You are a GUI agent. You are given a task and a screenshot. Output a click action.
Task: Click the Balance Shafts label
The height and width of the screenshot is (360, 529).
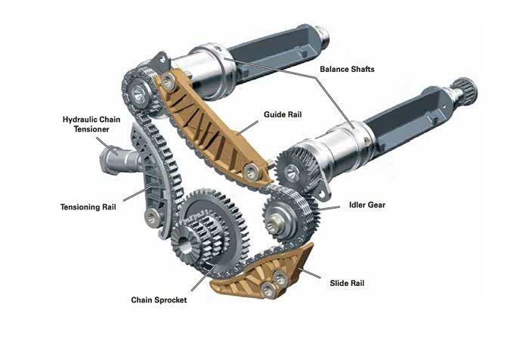(x=347, y=70)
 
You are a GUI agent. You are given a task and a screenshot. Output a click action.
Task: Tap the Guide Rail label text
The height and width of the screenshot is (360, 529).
(x=283, y=114)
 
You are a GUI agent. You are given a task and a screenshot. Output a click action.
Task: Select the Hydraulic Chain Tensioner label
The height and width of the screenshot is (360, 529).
(x=91, y=124)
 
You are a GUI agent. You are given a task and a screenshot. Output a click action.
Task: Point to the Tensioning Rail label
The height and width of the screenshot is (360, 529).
(x=88, y=206)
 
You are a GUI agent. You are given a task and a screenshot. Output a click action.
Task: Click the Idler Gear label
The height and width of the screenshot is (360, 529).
(x=367, y=205)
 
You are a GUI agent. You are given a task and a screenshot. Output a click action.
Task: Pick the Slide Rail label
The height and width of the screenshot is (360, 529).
(x=347, y=283)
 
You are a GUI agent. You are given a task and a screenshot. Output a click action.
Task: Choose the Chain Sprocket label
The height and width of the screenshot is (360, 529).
(x=159, y=300)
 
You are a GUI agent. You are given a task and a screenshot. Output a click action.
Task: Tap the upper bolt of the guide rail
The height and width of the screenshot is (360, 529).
(x=168, y=81)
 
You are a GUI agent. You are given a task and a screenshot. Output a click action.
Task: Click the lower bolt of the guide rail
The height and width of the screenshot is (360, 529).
(x=252, y=172)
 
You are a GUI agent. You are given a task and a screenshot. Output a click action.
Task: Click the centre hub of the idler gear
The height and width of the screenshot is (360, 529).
(x=274, y=222)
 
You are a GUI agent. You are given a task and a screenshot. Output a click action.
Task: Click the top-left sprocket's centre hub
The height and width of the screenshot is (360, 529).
(x=138, y=94)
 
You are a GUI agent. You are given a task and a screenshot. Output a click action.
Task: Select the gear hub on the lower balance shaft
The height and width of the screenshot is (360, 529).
(x=292, y=172)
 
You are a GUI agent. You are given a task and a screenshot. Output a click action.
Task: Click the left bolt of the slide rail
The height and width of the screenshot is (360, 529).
(x=268, y=290)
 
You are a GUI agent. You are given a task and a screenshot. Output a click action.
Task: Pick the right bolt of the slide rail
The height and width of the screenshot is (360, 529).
(x=280, y=278)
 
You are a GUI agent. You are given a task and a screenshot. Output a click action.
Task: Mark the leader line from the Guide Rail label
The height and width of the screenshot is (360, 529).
(x=247, y=129)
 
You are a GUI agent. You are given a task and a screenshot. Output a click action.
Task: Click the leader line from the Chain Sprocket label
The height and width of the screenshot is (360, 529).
(x=204, y=278)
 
